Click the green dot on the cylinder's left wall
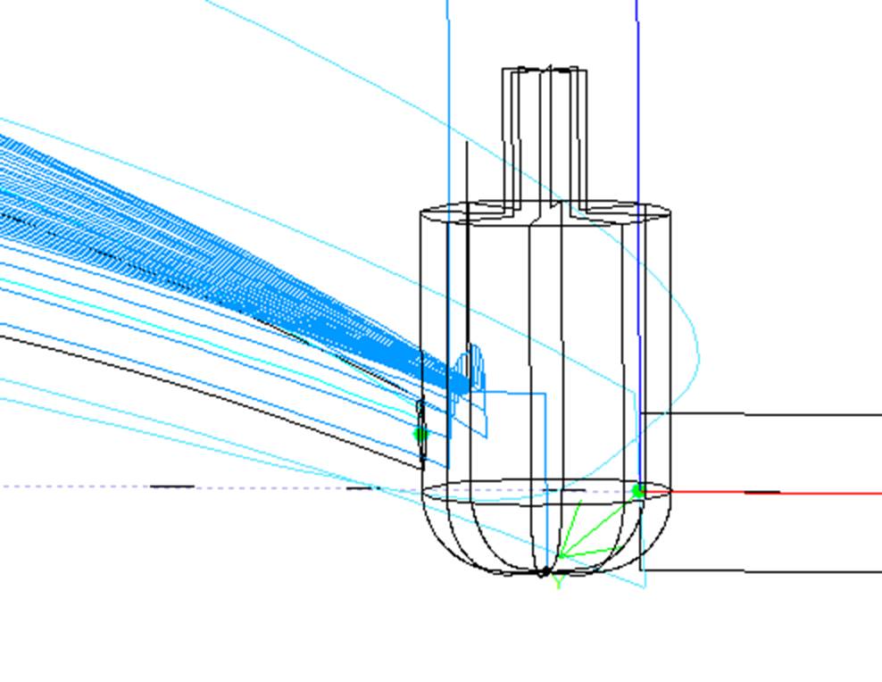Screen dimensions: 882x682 420,434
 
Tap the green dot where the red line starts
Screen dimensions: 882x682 638,491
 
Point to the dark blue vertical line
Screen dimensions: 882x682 638,242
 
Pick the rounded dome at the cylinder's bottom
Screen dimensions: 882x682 545,534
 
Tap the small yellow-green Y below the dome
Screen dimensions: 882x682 558,581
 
